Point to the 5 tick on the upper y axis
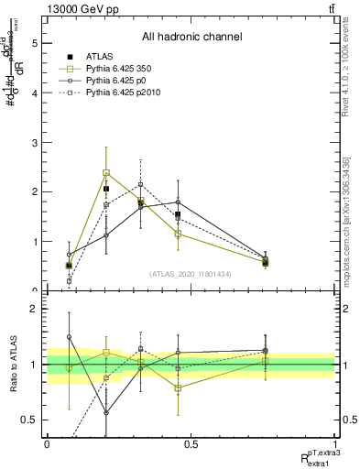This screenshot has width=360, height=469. (36, 42)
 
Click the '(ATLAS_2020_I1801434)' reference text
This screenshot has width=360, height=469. (191, 274)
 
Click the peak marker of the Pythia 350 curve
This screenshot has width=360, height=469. (106, 172)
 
